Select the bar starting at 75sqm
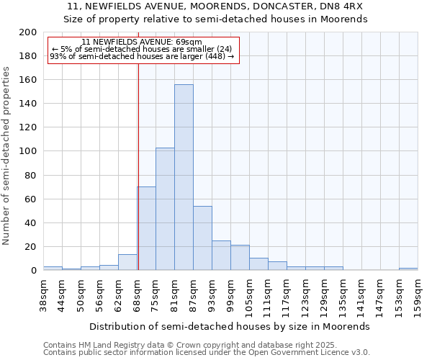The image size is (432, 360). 165,209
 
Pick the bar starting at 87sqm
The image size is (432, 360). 202,238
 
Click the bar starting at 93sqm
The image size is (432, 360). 221,256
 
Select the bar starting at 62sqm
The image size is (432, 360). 127,262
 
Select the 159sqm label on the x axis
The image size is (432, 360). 418,295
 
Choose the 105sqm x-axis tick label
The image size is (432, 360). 249,295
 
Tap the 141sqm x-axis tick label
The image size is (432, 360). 361,295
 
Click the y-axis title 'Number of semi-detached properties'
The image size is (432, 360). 6,156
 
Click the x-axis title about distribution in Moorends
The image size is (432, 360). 230,326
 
